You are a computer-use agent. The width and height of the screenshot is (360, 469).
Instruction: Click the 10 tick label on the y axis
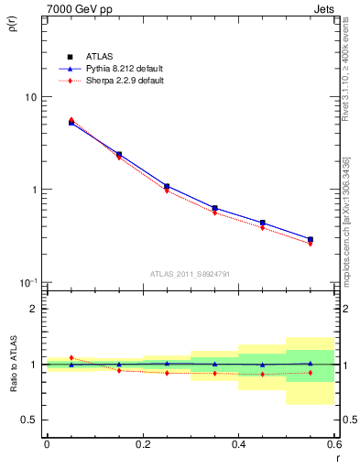pyautogui.click(x=29, y=97)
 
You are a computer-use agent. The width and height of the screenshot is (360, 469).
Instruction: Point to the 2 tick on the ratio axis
pyautogui.click(x=33, y=310)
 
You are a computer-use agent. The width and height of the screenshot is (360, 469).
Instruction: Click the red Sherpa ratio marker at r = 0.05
pyautogui.click(x=71, y=357)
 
